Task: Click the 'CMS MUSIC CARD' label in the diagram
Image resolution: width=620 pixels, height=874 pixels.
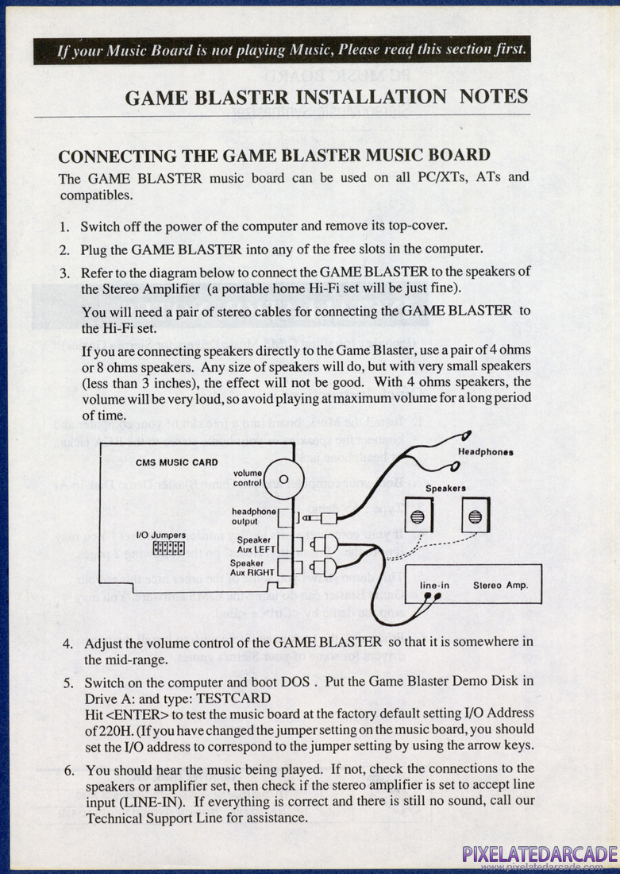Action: [166, 462]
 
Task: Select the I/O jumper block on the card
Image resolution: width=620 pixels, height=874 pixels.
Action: [168, 548]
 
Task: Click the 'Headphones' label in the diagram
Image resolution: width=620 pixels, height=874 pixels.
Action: [485, 451]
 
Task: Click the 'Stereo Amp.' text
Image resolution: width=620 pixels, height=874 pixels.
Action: [500, 586]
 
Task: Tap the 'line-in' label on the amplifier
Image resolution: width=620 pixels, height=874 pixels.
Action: [434, 586]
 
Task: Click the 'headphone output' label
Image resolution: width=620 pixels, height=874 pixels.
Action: [253, 516]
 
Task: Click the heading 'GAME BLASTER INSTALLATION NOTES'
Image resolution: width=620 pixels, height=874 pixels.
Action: [326, 97]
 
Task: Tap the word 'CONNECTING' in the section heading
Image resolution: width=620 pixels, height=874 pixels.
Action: [117, 155]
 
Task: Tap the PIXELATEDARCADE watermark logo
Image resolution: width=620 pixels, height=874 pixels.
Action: [540, 854]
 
